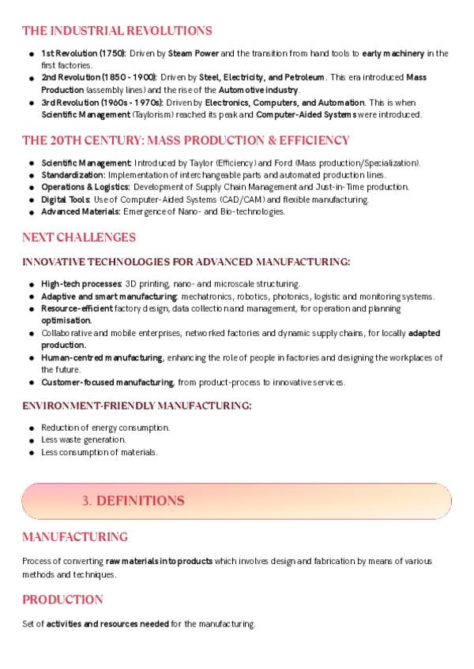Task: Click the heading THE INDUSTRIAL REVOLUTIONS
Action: (117, 31)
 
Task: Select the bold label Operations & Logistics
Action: (85, 187)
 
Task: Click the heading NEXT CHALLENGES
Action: (79, 237)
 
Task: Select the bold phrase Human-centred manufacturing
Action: (102, 358)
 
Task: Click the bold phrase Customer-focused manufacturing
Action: (107, 383)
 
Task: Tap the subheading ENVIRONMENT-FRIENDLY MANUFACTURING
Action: (137, 406)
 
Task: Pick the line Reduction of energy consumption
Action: (105, 428)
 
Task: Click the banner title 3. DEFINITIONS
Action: (134, 501)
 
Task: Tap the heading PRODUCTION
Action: (62, 600)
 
